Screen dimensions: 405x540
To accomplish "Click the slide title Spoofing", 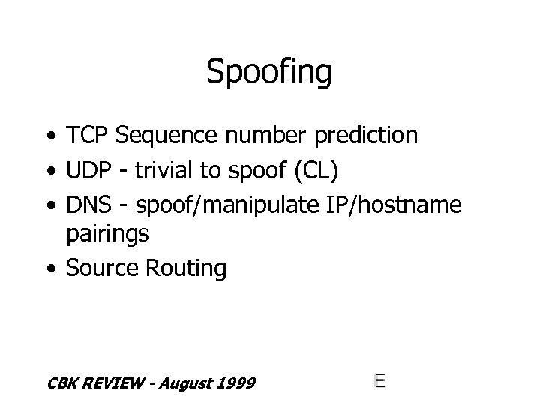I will pyautogui.click(x=269, y=73).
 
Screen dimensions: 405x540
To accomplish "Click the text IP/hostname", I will pyautogui.click(x=390, y=202).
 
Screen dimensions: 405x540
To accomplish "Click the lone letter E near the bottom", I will pyautogui.click(x=380, y=380).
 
